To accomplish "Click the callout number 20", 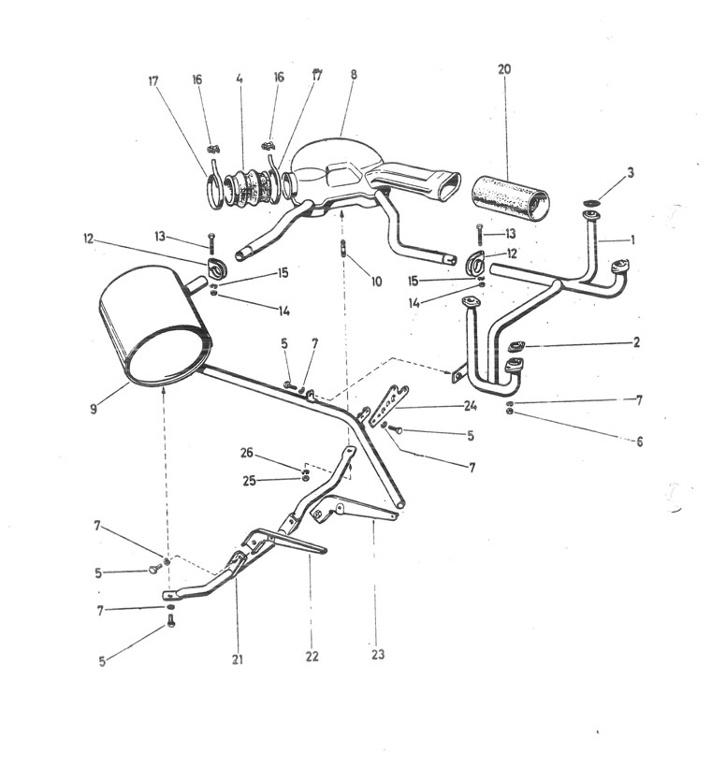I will click(x=505, y=71).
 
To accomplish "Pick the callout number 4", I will click(x=239, y=79).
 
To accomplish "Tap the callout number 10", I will click(x=375, y=281).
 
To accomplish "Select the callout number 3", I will click(x=631, y=173).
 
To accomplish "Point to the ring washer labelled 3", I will click(x=592, y=203).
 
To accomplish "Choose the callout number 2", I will click(x=636, y=342).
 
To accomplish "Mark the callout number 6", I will click(x=640, y=441).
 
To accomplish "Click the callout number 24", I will click(x=470, y=405).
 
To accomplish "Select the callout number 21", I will click(x=238, y=659).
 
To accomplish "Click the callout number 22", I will click(x=312, y=656).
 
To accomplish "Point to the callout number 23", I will click(x=377, y=654).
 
